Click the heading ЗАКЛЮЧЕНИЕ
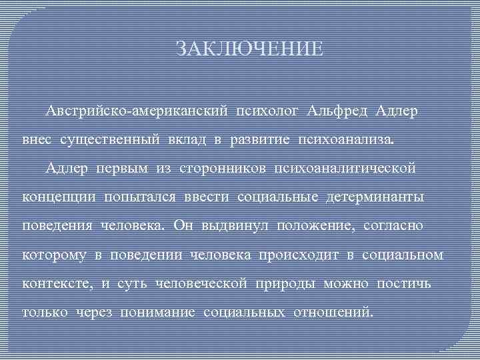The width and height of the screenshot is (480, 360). [249, 49]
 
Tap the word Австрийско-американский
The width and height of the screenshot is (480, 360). [135, 109]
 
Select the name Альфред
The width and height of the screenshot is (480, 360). [338, 109]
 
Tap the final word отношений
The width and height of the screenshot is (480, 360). [331, 312]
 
